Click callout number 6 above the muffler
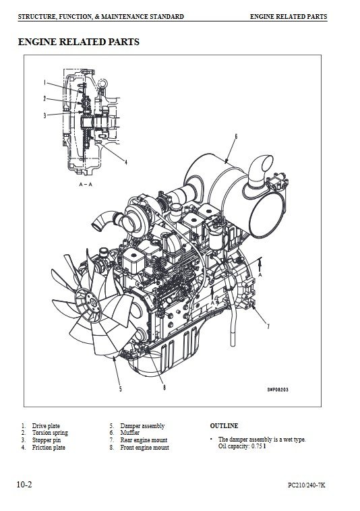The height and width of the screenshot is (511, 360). pos(236,136)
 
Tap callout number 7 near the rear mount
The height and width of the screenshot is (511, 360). pos(268,326)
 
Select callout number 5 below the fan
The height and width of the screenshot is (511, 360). pos(120,389)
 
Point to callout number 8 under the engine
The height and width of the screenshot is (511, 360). pos(164,388)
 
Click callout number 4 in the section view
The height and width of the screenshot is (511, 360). pos(126,162)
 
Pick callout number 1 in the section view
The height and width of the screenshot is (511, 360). pos(44,83)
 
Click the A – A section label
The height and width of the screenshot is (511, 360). pos(86,185)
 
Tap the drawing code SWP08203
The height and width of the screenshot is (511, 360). pos(278,390)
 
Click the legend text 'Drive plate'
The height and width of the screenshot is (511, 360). pos(46,425)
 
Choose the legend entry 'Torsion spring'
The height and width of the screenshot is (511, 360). pos(50,433)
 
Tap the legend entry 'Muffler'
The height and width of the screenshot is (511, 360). pos(129,433)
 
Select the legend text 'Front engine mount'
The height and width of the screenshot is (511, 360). pos(145,448)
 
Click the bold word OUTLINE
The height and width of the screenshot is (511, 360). pos(224,425)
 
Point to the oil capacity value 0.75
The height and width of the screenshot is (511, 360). pos(256,446)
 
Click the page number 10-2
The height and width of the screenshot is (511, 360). pos(24,485)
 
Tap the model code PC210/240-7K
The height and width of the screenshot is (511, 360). pos(306,485)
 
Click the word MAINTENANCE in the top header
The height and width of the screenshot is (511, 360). pos(125,17)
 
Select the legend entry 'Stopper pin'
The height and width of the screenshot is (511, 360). pos(47,440)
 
